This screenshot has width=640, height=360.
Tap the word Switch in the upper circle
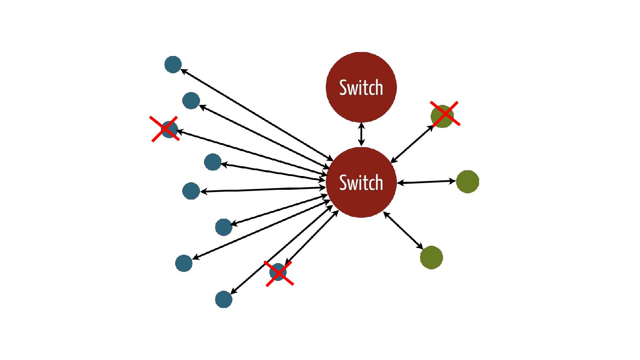click(x=361, y=88)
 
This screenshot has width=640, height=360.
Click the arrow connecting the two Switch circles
click(x=361, y=134)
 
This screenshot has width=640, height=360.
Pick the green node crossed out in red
click(x=442, y=116)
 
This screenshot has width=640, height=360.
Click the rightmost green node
click(x=467, y=181)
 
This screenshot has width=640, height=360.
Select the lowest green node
click(x=431, y=257)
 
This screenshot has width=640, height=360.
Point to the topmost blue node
click(x=173, y=64)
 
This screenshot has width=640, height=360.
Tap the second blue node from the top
click(x=191, y=100)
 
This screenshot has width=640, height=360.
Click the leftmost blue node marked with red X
click(x=169, y=129)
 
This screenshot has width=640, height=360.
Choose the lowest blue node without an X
click(x=224, y=299)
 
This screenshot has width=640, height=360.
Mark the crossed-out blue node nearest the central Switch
click(x=278, y=272)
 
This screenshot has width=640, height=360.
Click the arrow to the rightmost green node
click(x=427, y=182)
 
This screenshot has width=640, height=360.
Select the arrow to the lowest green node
click(x=404, y=231)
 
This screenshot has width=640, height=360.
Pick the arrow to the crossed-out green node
click(x=412, y=144)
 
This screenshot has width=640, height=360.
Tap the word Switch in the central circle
click(x=361, y=183)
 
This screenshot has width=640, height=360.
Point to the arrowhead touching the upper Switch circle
click(x=361, y=125)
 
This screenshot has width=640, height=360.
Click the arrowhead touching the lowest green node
click(x=420, y=246)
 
